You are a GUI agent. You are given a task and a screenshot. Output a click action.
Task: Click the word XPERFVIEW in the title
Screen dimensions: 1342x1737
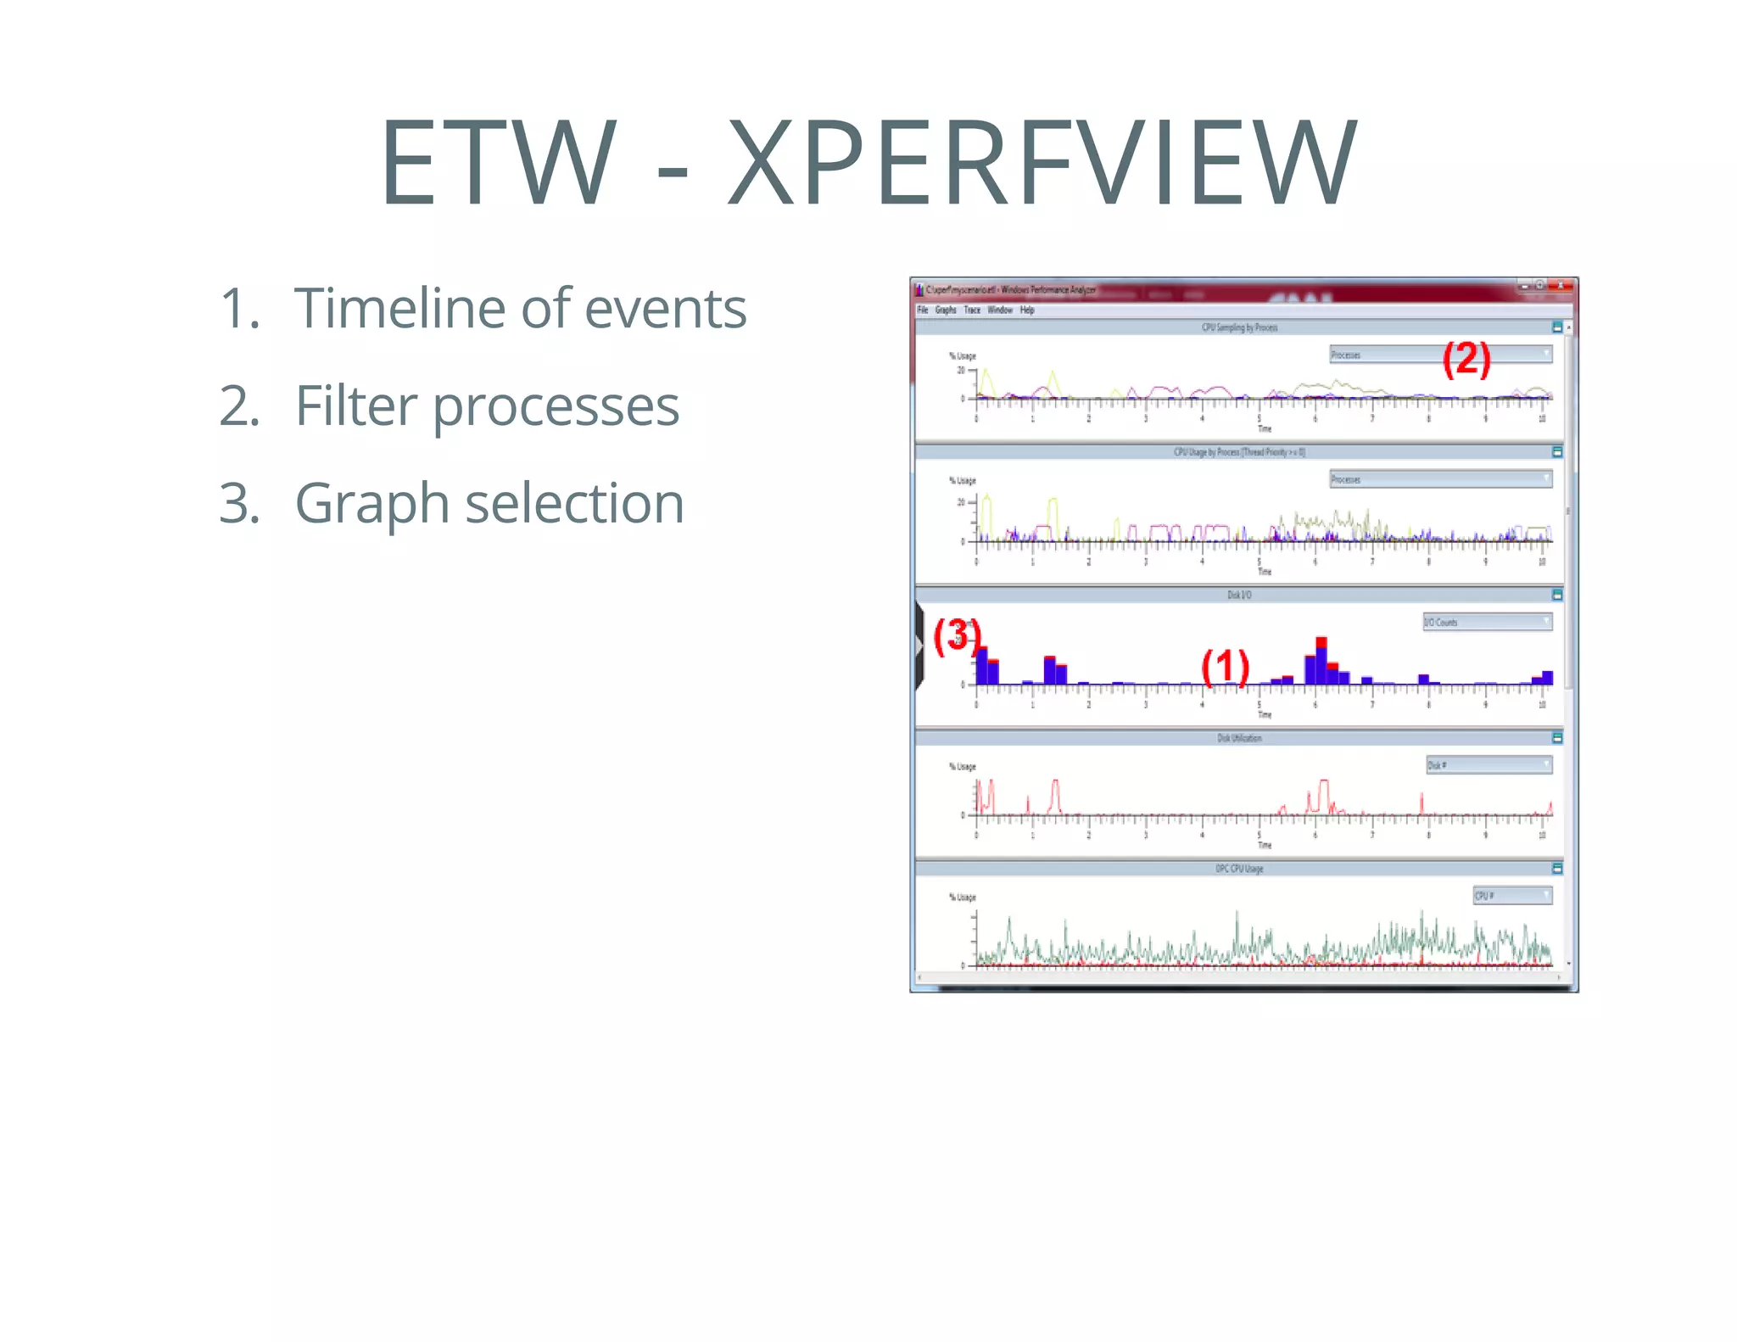[x=1042, y=163]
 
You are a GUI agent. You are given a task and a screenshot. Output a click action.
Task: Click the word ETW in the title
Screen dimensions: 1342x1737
[x=498, y=163]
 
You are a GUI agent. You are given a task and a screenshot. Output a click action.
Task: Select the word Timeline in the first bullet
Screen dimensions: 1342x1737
[x=399, y=308]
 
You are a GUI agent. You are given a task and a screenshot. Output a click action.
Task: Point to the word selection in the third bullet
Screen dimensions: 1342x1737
[x=574, y=503]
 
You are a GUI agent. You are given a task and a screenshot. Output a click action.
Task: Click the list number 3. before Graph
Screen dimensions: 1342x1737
[x=240, y=503]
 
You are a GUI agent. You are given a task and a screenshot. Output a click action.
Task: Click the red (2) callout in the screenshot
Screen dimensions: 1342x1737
[x=1466, y=358]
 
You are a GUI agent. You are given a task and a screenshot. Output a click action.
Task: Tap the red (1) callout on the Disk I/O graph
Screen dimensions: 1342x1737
[x=1225, y=666]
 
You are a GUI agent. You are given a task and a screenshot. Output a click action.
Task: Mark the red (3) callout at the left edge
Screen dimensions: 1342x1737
[x=956, y=635]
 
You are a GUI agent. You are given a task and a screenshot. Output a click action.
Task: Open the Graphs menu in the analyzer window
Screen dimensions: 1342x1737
[x=946, y=310]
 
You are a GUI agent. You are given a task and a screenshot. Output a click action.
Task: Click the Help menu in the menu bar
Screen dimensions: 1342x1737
[x=1027, y=310]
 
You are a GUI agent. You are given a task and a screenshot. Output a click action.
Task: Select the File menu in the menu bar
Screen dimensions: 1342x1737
[x=923, y=310]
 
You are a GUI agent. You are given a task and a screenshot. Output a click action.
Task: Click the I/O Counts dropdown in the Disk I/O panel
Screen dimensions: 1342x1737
[x=1487, y=622]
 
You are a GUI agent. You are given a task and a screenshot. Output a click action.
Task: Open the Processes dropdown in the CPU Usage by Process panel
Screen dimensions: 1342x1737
[x=1440, y=479]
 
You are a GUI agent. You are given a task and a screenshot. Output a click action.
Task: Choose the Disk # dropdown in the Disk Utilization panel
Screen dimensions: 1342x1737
[x=1488, y=765]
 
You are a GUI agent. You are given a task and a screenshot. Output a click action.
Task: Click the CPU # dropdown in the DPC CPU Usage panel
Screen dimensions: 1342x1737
[x=1512, y=896]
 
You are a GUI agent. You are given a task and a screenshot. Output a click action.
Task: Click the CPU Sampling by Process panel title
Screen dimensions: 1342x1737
[x=1239, y=327]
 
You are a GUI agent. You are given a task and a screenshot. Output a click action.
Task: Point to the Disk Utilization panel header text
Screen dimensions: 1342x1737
[x=1239, y=738]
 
